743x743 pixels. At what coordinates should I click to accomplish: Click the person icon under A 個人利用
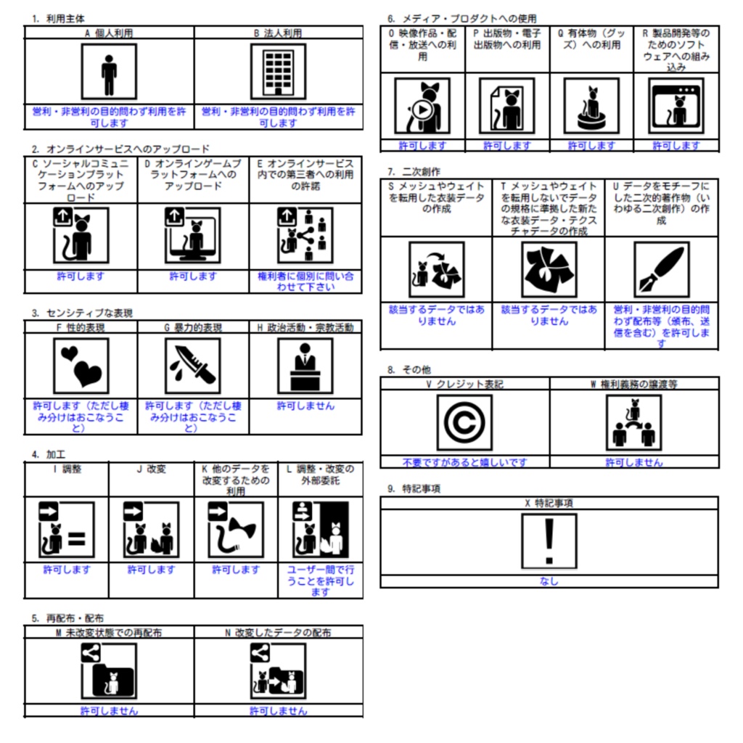click(x=109, y=72)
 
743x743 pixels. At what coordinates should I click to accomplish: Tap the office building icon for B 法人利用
click(x=278, y=72)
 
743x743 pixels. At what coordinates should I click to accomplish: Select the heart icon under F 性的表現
click(x=81, y=366)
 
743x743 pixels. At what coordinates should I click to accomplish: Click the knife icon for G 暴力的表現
click(x=193, y=366)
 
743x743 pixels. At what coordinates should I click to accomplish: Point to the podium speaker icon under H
click(x=305, y=366)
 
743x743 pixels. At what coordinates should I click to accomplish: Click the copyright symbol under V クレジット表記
click(x=464, y=423)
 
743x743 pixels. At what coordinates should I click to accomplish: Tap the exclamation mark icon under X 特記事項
click(x=549, y=541)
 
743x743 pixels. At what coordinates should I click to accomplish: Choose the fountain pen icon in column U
click(x=662, y=270)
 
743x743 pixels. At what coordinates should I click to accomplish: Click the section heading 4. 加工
click(x=49, y=454)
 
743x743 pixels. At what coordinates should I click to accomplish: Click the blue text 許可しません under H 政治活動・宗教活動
click(x=305, y=406)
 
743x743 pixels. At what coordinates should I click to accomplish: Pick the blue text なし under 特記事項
click(x=549, y=581)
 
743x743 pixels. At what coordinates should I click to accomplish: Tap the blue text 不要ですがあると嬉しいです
click(x=464, y=462)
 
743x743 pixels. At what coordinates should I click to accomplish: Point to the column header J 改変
click(x=152, y=469)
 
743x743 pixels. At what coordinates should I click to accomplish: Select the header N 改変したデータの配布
click(x=278, y=633)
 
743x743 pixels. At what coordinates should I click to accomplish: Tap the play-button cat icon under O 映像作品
click(x=422, y=106)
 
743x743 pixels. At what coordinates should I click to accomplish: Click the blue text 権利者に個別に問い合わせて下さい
click(x=305, y=282)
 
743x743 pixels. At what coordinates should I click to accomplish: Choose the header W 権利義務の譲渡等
click(x=634, y=385)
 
